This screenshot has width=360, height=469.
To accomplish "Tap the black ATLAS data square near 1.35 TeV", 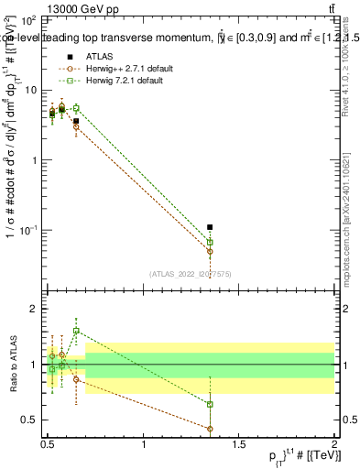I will [210, 227].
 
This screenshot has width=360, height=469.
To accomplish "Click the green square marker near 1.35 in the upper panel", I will [210, 242].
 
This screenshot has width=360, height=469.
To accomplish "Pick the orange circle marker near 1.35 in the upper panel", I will [210, 251].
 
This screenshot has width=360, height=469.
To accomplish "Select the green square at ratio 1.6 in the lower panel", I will [76, 331].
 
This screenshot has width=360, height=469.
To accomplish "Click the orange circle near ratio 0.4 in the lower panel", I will [210, 429].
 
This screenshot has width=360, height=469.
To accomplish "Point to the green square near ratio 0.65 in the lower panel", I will [210, 404].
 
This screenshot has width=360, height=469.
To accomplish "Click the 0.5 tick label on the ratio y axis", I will [31, 420].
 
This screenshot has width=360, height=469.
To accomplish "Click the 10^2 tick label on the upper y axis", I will [29, 19].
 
